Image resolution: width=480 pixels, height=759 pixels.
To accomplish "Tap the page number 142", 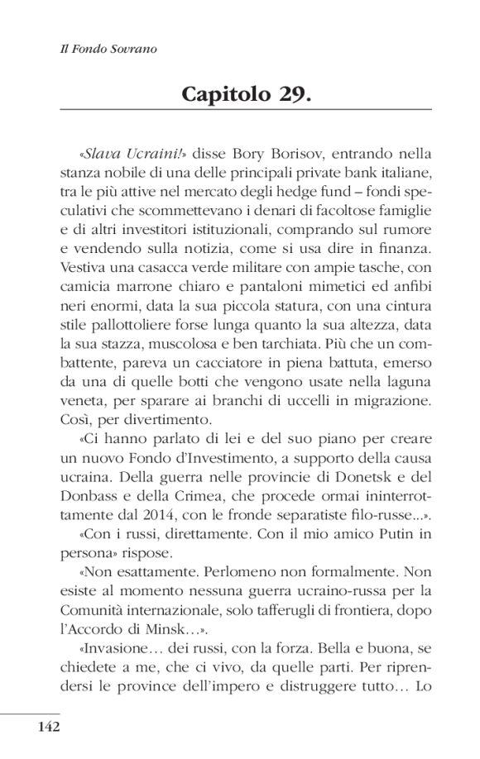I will pos(47,727).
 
